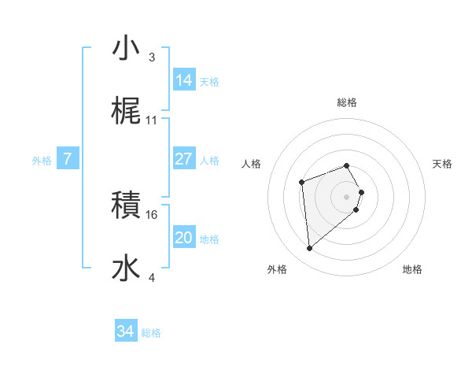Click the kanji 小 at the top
tap(126, 49)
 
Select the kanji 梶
tap(126, 112)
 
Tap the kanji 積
tap(126, 206)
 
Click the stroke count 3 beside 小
tap(152, 57)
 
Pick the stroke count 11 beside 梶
tap(152, 120)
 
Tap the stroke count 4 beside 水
tap(152, 278)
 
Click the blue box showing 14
tap(184, 80)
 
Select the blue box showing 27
tap(184, 159)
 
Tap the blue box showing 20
tap(184, 238)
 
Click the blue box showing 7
tap(68, 159)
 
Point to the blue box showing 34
tap(126, 332)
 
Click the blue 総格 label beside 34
tap(152, 334)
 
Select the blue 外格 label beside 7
tap(42, 161)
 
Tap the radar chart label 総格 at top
tap(347, 102)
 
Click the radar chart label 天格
tap(442, 164)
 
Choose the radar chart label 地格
tap(412, 270)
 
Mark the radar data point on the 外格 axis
tap(310, 249)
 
